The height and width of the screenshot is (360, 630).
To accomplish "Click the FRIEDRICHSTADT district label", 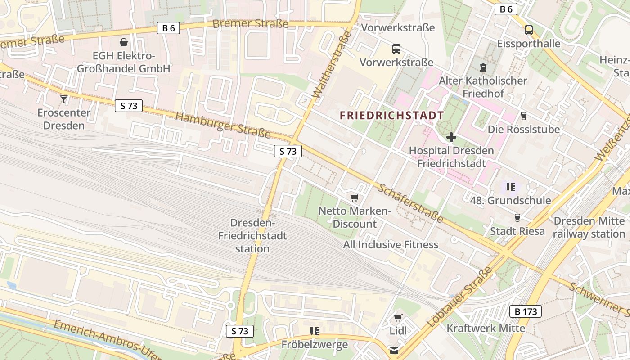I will tap(391, 116).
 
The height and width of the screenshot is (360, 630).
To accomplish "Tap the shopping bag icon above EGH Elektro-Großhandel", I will tap(124, 42).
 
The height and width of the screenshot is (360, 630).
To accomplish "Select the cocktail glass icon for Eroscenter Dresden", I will tap(64, 99).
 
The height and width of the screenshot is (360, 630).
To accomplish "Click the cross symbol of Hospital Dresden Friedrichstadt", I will tap(451, 137).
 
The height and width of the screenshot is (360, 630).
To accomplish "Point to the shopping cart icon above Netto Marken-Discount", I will tap(355, 198).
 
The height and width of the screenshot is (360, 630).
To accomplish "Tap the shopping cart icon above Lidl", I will tap(398, 318).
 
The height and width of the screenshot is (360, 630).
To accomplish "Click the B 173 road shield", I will tap(525, 311).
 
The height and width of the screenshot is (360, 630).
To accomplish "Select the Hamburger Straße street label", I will tap(223, 125).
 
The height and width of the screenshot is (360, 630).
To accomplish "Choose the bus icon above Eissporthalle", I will tap(529, 30).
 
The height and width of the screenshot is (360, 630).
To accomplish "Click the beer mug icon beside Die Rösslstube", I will tap(523, 116).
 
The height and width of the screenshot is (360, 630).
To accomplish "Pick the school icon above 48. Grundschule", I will tap(510, 187).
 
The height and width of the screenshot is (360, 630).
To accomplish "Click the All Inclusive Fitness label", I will tap(391, 245).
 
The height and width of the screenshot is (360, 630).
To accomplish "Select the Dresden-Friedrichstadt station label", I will tap(252, 236).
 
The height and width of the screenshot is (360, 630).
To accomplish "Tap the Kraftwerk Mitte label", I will tap(486, 328).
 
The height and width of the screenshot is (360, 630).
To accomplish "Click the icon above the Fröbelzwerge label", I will tap(315, 331).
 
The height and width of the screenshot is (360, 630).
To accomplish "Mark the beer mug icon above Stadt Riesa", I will tap(517, 218).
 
